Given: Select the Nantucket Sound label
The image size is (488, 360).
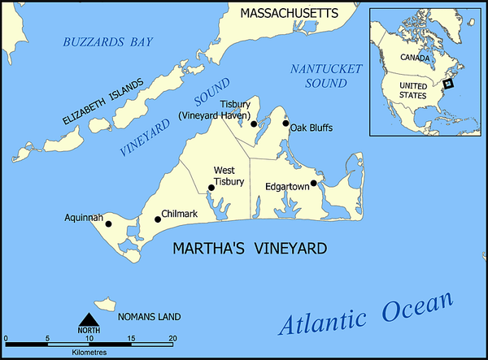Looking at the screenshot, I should click(x=325, y=76).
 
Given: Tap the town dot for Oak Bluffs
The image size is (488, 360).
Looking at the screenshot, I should click(x=285, y=124).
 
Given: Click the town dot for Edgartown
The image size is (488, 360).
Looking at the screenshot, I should click(x=314, y=183).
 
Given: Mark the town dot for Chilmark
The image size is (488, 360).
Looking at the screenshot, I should click(x=158, y=219).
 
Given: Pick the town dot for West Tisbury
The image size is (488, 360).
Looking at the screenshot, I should click(x=211, y=188).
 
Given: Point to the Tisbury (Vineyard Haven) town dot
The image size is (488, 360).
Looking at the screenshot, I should click(x=254, y=124).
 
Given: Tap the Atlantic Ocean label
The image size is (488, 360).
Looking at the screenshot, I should click(x=365, y=314).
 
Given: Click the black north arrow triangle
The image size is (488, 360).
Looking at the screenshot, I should click(x=89, y=320).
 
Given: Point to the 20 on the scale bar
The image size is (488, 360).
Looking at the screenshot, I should click(x=172, y=338).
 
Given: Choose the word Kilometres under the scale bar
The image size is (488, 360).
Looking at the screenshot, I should click(x=89, y=352).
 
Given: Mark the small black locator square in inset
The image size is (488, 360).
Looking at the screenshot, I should click(x=448, y=81).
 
